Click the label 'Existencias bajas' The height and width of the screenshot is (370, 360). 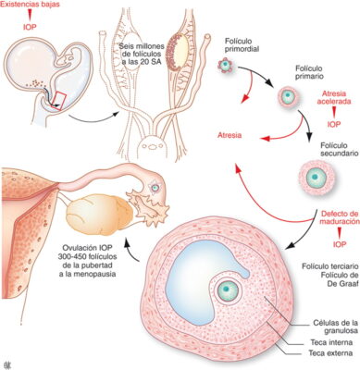point(30,5)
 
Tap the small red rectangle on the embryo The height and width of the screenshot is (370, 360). point(59,101)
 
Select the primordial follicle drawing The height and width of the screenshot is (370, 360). point(225,65)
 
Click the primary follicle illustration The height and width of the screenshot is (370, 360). point(289,96)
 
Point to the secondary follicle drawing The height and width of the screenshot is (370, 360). point(317,178)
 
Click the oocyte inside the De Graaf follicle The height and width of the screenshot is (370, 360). point(229,290)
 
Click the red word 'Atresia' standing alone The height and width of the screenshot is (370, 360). point(230,135)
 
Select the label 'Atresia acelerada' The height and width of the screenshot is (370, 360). point(334,97)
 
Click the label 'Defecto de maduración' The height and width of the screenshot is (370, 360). point(340,217)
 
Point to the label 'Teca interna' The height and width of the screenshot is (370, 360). point(331,342)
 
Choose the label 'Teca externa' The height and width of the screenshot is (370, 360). point(330,353)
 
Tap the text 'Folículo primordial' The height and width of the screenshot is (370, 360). point(242,45)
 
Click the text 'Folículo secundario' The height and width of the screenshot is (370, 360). point(339,150)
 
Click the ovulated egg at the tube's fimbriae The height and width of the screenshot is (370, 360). point(155,187)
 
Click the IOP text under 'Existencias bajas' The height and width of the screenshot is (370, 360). point(30,27)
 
